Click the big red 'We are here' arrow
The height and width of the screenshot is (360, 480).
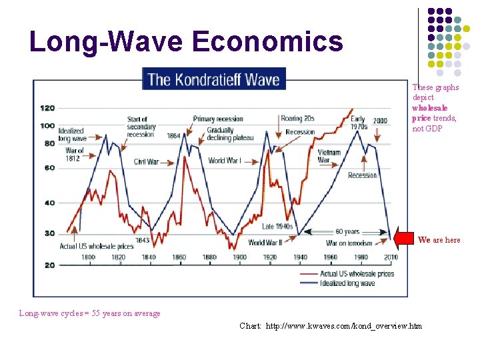(x=403, y=239)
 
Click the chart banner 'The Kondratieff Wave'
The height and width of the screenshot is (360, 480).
(x=214, y=79)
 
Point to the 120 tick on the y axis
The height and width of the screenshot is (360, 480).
(x=47, y=108)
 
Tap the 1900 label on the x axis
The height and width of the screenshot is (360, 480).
(x=239, y=257)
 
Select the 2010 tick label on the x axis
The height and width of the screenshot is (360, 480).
(x=391, y=257)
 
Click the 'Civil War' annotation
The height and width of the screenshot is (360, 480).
(x=146, y=161)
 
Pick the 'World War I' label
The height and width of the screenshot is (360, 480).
(x=225, y=161)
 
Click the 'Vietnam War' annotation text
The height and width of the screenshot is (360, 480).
(x=329, y=156)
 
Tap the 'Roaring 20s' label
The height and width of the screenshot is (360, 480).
(x=297, y=118)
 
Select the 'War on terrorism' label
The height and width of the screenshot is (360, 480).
(x=349, y=243)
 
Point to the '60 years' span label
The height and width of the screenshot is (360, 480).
(x=347, y=231)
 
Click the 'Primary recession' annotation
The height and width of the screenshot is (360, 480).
(x=218, y=119)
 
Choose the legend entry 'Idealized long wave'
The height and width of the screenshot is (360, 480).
(x=347, y=283)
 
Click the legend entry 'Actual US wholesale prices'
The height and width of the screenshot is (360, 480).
(x=357, y=274)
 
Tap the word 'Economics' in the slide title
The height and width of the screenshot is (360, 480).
(x=268, y=41)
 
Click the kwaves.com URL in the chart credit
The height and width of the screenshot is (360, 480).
(x=344, y=326)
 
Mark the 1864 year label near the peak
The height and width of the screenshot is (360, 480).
(x=173, y=135)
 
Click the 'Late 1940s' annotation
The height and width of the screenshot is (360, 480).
(x=277, y=226)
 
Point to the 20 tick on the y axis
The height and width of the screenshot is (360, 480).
(x=49, y=265)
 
